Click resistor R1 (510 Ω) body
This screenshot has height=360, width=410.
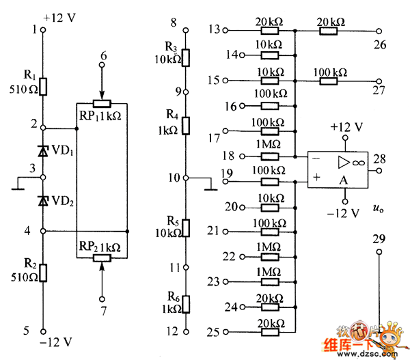(x=42, y=86)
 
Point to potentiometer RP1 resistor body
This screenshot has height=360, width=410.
(x=102, y=104)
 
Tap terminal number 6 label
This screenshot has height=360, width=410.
(x=102, y=55)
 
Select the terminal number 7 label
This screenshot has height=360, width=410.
(x=102, y=311)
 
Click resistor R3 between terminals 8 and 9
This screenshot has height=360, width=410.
(x=184, y=57)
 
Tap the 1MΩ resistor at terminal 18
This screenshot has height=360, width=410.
(x=270, y=156)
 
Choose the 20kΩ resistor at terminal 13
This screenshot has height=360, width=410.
(x=270, y=31)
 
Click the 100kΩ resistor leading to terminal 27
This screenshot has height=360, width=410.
(x=329, y=80)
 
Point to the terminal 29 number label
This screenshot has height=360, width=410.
(x=379, y=239)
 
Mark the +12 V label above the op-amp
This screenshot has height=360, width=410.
(x=346, y=127)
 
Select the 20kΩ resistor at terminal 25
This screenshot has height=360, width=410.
(x=270, y=332)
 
